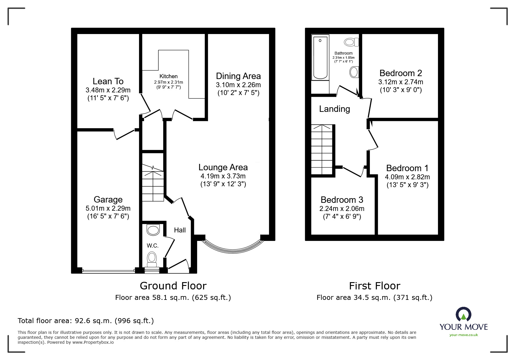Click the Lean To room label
[x=108, y=81]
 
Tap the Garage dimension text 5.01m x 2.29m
[x=108, y=208]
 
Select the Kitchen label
[x=168, y=76]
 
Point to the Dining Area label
[x=238, y=76]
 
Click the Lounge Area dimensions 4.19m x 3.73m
[x=223, y=176]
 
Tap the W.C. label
[x=152, y=246]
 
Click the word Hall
[x=180, y=230]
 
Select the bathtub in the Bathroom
[x=320, y=57]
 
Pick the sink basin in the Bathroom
[x=354, y=72]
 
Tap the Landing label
[x=334, y=109]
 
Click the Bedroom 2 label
[x=400, y=73]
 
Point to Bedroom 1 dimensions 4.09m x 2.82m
[x=407, y=177]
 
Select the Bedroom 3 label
[x=342, y=200]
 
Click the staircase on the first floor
[x=322, y=150]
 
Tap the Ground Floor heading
[x=173, y=286]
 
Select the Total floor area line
[x=86, y=321]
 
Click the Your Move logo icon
[x=463, y=314]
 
